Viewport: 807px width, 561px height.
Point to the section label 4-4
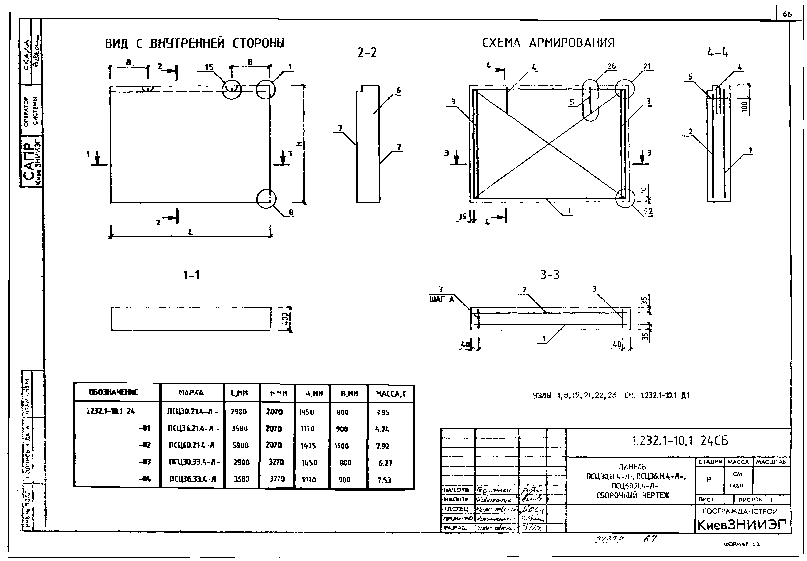tap(718, 53)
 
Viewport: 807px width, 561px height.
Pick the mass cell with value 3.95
tap(383, 413)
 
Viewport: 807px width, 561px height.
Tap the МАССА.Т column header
tap(391, 394)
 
